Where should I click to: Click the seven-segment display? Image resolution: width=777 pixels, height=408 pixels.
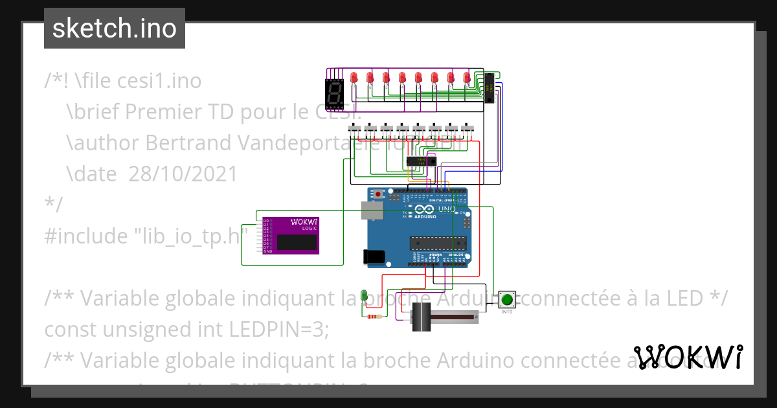pos(333,92)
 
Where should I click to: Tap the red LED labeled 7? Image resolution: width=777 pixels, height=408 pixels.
pos(354,78)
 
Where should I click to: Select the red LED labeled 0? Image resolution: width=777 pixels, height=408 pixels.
pos(467,78)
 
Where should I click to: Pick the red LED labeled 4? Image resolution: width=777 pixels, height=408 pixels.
pos(402,78)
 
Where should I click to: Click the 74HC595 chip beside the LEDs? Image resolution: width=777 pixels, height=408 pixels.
pos(490,87)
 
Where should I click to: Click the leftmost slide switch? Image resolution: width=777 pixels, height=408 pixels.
pos(354,129)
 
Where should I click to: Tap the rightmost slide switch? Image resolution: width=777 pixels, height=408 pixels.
pos(467,129)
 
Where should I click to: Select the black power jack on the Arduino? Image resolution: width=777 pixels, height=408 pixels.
pos(375,256)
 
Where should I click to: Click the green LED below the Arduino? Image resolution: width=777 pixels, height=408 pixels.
pos(365,295)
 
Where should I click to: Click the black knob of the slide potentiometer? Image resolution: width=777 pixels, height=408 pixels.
pos(422,319)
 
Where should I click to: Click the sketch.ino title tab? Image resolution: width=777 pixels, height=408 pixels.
pos(115,28)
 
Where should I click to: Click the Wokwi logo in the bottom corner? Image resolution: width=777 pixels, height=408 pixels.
pos(688,357)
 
